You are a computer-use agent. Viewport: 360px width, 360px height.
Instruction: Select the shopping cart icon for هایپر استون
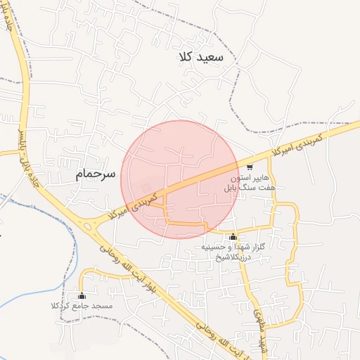click(250, 167)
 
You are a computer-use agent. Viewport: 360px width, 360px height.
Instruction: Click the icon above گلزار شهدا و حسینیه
click(233, 236)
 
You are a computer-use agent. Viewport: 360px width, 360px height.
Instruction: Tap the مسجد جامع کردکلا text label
click(82, 307)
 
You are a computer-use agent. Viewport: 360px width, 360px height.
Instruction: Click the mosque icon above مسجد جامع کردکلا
click(82, 295)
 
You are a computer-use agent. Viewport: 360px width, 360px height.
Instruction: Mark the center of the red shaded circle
click(180, 180)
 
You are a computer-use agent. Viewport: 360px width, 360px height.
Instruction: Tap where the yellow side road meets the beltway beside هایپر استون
click(270, 155)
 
